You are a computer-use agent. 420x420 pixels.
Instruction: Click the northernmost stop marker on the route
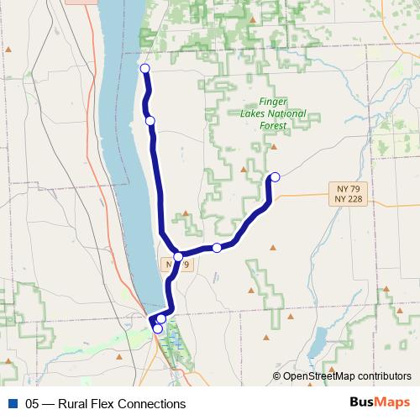[x=144, y=69]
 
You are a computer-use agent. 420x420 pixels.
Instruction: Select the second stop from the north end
[x=150, y=121]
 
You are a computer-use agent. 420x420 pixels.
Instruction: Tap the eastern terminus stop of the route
[x=274, y=176]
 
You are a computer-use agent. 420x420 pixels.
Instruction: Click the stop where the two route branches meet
[x=178, y=256]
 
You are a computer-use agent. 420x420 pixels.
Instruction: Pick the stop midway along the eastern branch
[x=217, y=247]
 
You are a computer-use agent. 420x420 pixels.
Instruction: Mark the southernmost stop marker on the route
[x=157, y=328]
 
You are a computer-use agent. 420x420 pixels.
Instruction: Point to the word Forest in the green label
[x=273, y=126]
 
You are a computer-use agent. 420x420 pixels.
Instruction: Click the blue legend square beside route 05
[x=13, y=403]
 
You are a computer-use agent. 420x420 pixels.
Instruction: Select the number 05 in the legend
[x=33, y=403]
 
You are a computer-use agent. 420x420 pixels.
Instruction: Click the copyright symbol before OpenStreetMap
[x=277, y=376]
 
